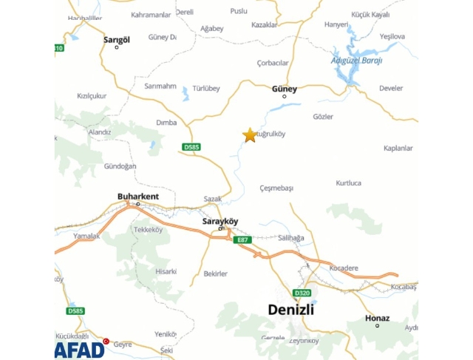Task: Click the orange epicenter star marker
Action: tap(250, 135)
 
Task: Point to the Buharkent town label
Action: tap(137, 196)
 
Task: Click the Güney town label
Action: tap(285, 89)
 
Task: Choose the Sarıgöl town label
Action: tap(117, 39)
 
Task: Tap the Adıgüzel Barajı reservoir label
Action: tap(356, 61)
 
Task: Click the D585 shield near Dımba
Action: tap(191, 147)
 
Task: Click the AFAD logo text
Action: tap(80, 348)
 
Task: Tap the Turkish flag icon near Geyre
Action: tap(106, 341)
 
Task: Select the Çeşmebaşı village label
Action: tap(277, 189)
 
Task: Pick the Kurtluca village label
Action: tap(348, 183)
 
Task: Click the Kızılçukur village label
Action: tap(92, 95)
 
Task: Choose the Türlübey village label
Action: tap(206, 89)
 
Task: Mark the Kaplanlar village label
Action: tap(398, 148)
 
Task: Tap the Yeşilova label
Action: tap(392, 36)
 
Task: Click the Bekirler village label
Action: tap(215, 274)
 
